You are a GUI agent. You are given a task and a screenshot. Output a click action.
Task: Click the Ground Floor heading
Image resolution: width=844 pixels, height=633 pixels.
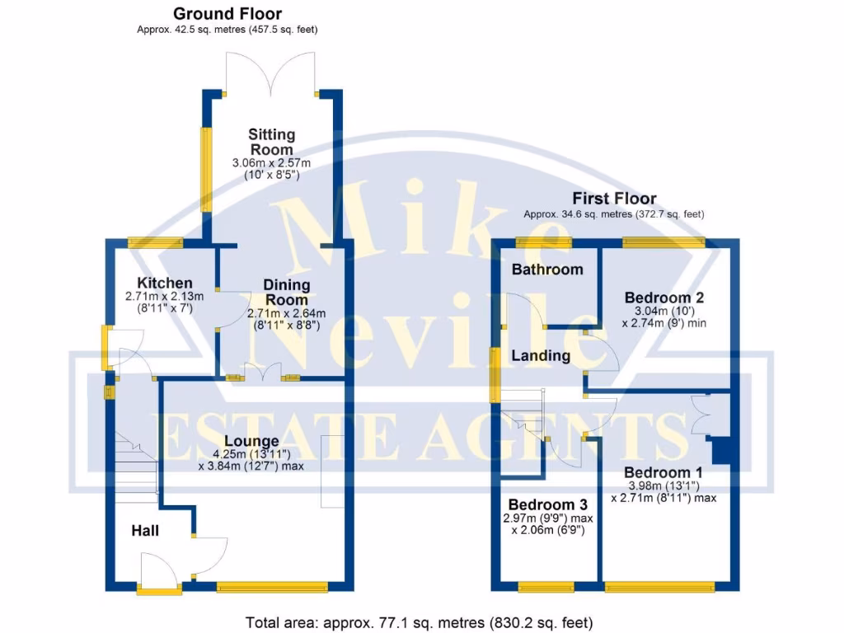(x=227, y=14)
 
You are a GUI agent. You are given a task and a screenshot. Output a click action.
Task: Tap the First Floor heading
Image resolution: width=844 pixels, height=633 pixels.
(x=614, y=199)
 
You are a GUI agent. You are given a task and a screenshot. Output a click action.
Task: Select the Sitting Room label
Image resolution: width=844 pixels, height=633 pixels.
(x=272, y=142)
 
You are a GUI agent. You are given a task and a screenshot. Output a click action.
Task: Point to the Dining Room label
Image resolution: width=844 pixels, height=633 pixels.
(x=286, y=293)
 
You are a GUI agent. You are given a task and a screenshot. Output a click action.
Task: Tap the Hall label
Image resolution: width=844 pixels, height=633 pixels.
(x=145, y=532)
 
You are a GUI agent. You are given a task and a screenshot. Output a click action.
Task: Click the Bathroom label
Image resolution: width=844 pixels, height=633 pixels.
(x=547, y=270)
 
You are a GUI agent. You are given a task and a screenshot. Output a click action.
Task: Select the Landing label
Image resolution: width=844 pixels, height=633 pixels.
(x=541, y=356)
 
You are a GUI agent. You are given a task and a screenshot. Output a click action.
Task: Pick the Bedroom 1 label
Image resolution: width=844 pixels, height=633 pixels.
(x=663, y=472)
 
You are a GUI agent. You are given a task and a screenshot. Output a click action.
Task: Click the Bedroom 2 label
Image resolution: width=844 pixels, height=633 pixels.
(x=663, y=298)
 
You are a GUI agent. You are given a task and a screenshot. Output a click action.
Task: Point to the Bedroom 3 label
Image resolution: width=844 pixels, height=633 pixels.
(x=547, y=504)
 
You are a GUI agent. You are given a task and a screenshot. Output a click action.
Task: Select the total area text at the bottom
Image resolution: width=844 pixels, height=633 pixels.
(x=420, y=622)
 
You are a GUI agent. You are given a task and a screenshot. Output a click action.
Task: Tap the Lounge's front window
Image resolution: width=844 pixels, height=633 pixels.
(x=272, y=588)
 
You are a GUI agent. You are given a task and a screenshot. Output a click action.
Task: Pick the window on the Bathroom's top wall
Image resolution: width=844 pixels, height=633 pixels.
(x=544, y=241)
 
